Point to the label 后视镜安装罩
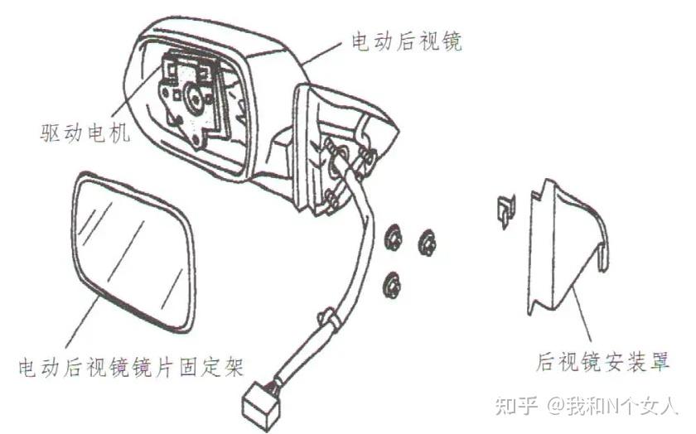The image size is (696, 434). click(x=602, y=362)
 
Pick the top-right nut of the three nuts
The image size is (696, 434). click(x=428, y=243)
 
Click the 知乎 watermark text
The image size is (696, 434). click(x=513, y=405)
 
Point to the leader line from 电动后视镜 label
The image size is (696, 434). click(x=325, y=50)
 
